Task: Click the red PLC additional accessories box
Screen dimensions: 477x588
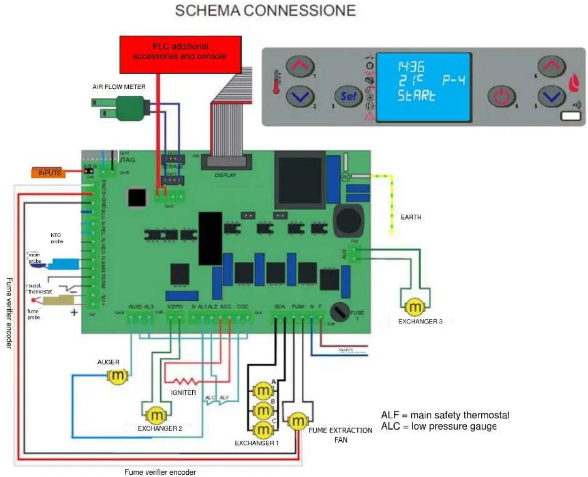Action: click(180, 54)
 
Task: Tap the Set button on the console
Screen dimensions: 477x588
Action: click(348, 96)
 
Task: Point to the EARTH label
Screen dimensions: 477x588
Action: click(410, 217)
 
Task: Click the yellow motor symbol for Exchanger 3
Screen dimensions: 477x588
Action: click(415, 307)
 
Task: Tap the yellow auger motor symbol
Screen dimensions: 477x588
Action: click(117, 376)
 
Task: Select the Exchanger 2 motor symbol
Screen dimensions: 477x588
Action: click(156, 415)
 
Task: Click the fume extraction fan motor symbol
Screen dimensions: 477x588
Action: click(297, 421)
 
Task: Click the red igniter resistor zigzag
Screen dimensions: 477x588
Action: click(183, 381)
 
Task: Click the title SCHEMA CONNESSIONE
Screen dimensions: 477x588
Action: click(265, 10)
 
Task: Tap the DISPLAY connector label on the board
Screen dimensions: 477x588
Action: click(225, 175)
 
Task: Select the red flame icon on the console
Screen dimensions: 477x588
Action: click(574, 83)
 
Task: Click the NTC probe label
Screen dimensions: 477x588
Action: click(56, 238)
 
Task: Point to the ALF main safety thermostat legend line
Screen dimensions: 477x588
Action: click(445, 415)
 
